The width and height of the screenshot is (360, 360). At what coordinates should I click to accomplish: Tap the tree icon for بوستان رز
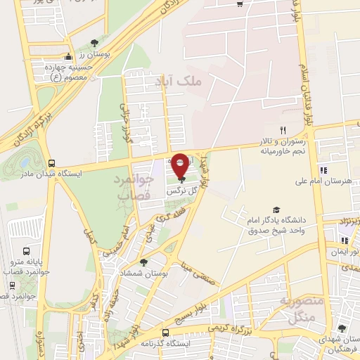click(95, 43)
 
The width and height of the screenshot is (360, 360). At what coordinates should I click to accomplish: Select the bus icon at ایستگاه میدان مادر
click(49, 162)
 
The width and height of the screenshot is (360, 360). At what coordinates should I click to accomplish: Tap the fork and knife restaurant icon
click(283, 129)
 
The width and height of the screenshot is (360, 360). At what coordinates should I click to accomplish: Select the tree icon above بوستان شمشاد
click(144, 262)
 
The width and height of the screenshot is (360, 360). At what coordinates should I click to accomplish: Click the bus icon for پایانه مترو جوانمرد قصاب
click(27, 251)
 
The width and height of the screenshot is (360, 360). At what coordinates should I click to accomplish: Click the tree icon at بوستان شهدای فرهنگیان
click(342, 328)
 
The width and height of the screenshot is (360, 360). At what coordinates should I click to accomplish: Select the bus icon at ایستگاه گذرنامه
click(165, 332)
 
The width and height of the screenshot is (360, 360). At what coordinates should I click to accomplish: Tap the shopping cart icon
click(240, 4)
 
